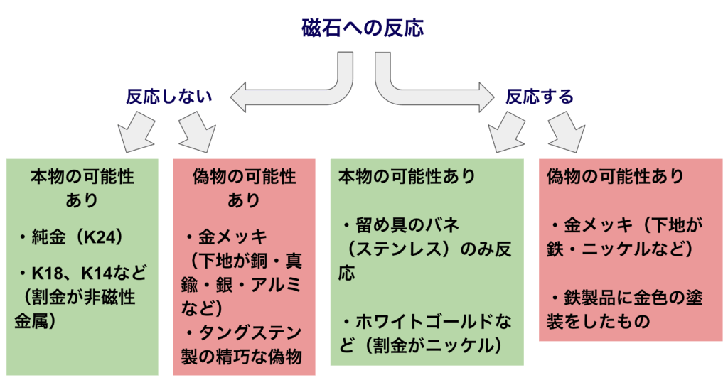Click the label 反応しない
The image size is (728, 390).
[x=170, y=96]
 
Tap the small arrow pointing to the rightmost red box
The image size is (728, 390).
[x=567, y=134]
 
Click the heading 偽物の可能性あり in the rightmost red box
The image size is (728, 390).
[x=615, y=175]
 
